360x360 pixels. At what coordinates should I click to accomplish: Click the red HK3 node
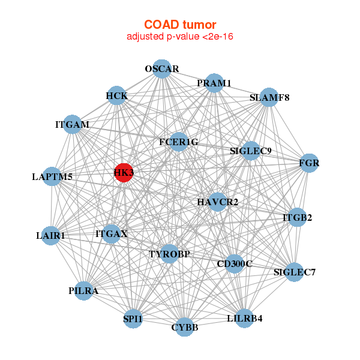click(124, 173)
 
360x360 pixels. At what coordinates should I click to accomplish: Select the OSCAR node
click(161, 68)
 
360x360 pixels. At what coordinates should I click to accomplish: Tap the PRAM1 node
click(214, 83)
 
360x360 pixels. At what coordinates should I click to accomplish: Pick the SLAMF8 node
click(269, 97)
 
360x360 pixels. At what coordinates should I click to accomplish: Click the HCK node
click(116, 95)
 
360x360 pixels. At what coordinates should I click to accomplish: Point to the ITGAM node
click(72, 124)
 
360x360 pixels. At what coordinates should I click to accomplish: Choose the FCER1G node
click(178, 142)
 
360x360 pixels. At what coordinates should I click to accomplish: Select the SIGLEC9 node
click(251, 151)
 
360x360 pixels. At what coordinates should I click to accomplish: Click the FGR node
click(308, 163)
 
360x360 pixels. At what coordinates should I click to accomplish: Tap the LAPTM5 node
click(52, 176)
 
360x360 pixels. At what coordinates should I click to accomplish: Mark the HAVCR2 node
click(218, 202)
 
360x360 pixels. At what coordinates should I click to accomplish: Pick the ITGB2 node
click(298, 217)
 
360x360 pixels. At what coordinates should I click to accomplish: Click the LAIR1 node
click(51, 235)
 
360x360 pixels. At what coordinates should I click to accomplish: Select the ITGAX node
click(111, 233)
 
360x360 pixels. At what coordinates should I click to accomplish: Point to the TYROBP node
click(169, 254)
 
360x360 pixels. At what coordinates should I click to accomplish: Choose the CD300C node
click(234, 263)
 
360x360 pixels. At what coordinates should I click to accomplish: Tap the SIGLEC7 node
click(294, 272)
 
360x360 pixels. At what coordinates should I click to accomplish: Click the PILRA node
click(83, 291)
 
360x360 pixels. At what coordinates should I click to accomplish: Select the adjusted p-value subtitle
click(180, 37)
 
